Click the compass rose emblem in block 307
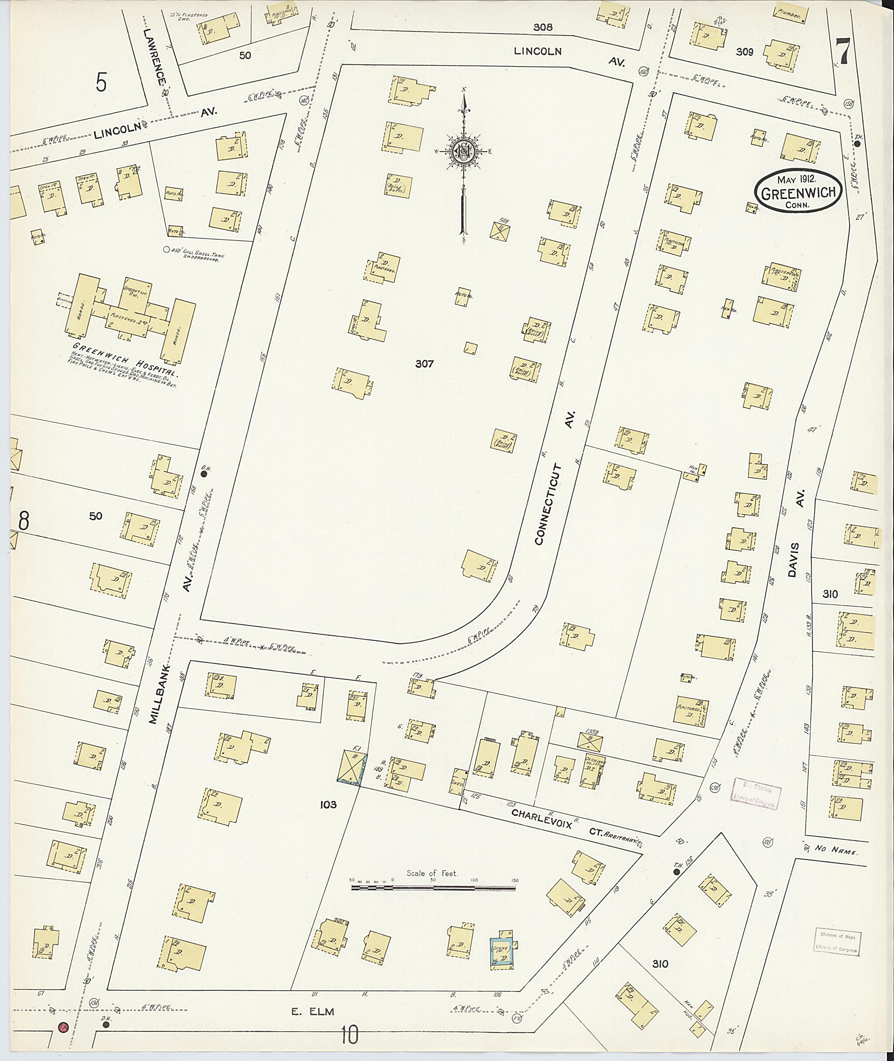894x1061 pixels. pyautogui.click(x=463, y=151)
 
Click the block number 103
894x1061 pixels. pyautogui.click(x=328, y=804)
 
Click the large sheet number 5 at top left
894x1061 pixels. pyautogui.click(x=101, y=82)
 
